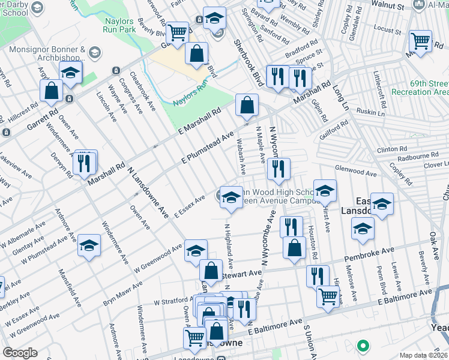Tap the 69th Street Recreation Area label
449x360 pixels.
point(420,87)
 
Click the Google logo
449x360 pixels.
point(19,353)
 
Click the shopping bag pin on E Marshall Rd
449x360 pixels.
point(247,106)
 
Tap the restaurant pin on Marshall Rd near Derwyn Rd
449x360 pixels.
point(83,161)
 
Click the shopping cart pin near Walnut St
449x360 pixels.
point(420,41)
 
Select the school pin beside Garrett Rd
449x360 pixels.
point(70,74)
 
